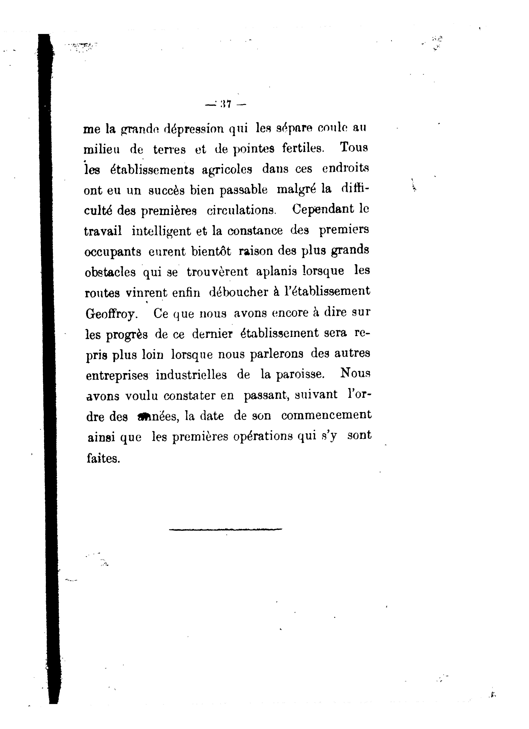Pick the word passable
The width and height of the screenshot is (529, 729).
tap(243, 190)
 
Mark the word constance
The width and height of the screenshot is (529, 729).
tap(255, 231)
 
